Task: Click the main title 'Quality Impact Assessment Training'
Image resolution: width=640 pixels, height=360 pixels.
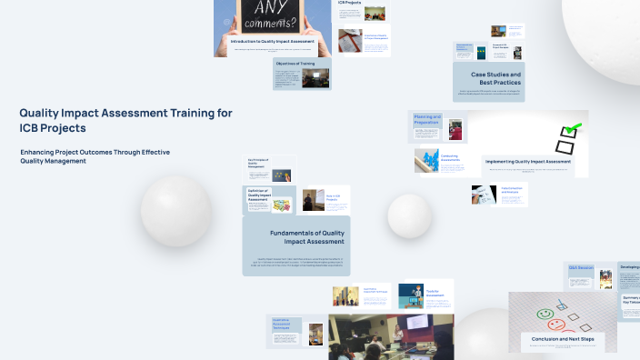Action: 125,113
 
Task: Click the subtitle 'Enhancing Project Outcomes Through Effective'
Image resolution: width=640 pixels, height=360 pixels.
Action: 95,151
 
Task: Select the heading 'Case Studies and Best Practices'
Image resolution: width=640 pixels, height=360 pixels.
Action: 495,78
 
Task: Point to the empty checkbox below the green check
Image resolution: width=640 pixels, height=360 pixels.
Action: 565,145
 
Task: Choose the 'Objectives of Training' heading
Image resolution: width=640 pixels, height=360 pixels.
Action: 295,64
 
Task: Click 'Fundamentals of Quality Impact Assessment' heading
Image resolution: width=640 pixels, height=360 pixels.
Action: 295,237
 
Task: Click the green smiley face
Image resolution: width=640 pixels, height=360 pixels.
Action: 545,315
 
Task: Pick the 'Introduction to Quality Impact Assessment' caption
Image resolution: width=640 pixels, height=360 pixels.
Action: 273,42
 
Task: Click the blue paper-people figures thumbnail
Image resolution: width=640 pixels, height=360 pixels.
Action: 426,161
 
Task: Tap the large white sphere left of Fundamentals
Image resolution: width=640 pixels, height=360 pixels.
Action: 175,211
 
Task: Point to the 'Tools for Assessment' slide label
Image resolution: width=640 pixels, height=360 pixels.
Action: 411,294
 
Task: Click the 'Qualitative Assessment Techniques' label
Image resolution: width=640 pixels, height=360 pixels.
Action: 285,325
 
